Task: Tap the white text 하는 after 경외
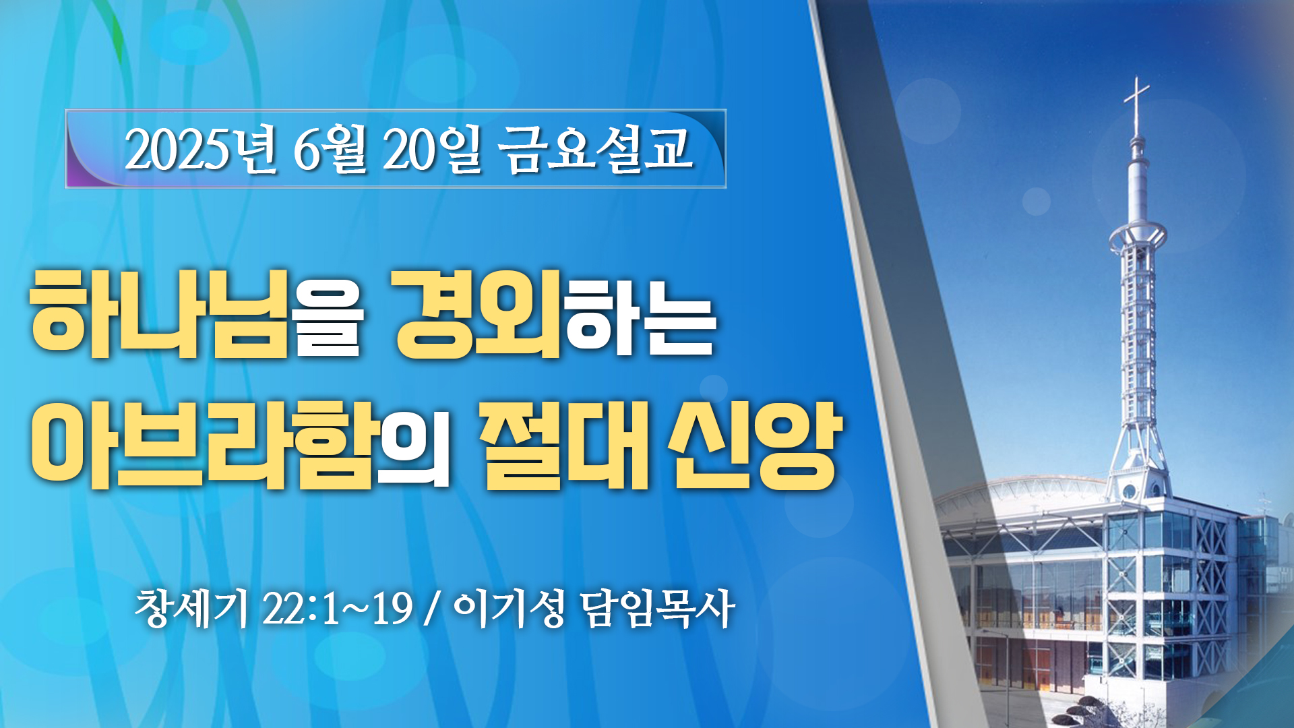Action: (640, 313)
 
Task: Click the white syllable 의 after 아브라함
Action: (412, 445)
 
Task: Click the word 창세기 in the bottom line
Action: (192, 609)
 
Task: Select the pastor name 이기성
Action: (509, 609)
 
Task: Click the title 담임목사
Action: (658, 609)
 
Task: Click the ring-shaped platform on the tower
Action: (1138, 235)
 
